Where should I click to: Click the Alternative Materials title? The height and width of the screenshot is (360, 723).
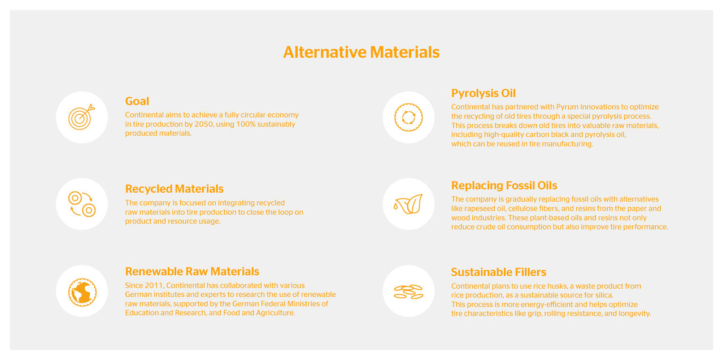point(361,52)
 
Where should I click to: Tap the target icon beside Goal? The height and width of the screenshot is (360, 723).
point(82,117)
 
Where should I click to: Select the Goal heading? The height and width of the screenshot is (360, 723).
point(137,101)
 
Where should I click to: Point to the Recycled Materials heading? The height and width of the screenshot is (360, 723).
point(174,189)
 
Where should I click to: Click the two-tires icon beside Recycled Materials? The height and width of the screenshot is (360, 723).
point(82,204)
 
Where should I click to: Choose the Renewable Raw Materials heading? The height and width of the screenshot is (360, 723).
point(192,271)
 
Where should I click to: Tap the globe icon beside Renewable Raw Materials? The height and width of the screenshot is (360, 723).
point(82,291)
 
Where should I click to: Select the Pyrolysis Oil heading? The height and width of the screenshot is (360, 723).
point(483,93)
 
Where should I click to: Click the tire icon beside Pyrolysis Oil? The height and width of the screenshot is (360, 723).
point(408,117)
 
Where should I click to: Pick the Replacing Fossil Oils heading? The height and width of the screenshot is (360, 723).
point(504,185)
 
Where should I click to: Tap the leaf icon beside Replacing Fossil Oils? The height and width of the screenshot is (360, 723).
point(408,204)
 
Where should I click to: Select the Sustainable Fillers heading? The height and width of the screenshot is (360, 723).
point(498,272)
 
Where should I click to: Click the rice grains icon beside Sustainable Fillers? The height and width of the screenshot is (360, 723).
point(408,291)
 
